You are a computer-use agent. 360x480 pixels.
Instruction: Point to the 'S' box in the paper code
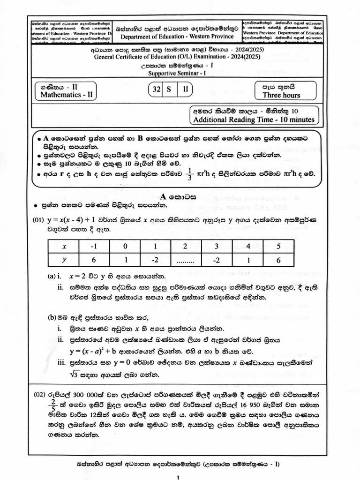pos(171,89)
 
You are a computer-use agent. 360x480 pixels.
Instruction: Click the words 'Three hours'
pos(281,95)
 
